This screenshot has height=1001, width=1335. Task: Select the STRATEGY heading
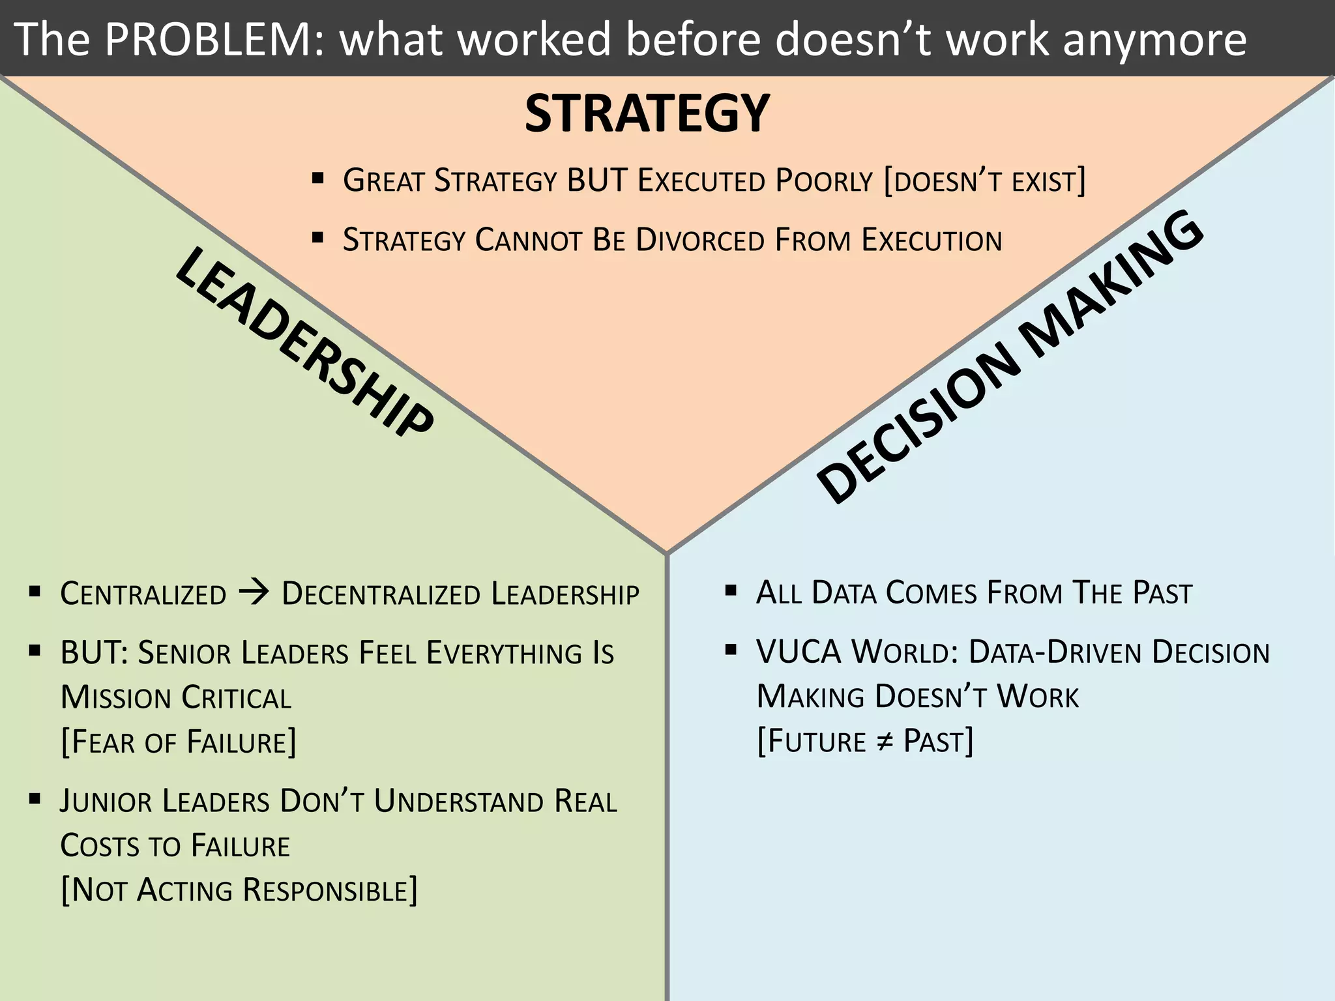tap(647, 113)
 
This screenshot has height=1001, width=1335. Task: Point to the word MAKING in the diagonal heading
tap(1111, 283)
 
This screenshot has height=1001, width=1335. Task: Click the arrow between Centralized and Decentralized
tap(254, 592)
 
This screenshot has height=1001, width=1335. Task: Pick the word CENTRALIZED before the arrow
tap(143, 594)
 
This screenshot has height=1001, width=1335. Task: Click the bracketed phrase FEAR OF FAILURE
tap(178, 742)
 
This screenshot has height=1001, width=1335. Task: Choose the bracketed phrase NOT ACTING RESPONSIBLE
tap(239, 890)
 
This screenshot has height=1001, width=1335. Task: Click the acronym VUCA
tap(799, 652)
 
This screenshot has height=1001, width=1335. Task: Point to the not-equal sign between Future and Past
tap(884, 742)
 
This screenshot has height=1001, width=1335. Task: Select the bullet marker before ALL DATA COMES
tap(731, 591)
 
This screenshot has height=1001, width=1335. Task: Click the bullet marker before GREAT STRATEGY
tap(318, 178)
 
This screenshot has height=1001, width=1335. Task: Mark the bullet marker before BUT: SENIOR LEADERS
tap(35, 650)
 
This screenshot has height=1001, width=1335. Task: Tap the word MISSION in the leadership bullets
tap(116, 697)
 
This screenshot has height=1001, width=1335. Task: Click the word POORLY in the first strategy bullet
tap(824, 181)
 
